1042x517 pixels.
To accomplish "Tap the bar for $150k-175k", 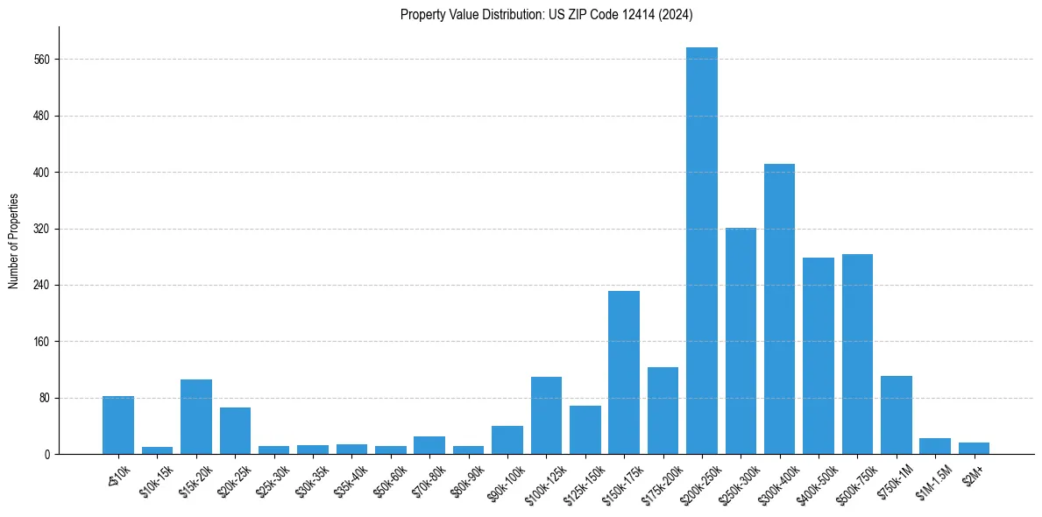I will coord(624,372).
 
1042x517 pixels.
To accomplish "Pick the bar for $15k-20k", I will coord(196,416).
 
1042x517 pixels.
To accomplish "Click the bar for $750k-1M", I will coord(896,414).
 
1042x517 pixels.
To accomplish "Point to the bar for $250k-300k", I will coord(741,341).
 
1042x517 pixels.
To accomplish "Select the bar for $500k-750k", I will coord(857,354).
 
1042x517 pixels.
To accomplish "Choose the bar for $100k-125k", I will coord(546,415).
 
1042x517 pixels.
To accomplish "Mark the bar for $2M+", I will coord(974,448).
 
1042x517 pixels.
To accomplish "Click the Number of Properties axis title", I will coord(13,241).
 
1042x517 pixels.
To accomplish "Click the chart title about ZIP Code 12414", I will coord(546,14).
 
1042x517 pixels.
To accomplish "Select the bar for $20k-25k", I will coord(235,430).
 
